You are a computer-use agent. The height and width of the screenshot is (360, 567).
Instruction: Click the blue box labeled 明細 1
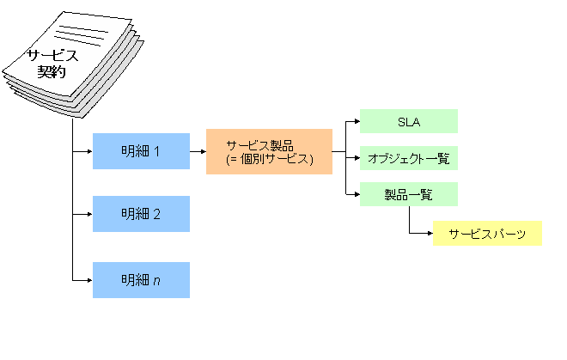tap(141, 152)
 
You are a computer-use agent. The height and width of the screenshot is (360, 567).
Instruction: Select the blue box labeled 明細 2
tap(141, 214)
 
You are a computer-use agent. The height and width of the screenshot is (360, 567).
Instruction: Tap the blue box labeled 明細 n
tap(141, 280)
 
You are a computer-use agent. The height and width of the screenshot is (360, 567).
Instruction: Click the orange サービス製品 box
tap(269, 152)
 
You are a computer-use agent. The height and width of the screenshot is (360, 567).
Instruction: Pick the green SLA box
tap(408, 121)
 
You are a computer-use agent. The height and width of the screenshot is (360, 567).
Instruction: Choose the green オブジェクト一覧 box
tap(408, 158)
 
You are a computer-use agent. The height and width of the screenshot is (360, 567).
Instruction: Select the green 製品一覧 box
tap(408, 194)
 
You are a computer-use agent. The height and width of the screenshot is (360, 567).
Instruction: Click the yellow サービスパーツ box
tap(487, 233)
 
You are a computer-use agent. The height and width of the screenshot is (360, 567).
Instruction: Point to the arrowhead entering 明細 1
tap(88, 152)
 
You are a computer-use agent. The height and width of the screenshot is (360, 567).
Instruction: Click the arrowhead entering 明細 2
tap(88, 214)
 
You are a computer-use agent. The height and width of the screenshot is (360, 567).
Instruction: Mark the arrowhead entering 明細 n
tap(88, 280)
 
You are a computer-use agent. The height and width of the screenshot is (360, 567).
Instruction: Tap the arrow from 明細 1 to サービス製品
tap(198, 152)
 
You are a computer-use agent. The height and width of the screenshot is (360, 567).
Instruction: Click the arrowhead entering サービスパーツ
tap(429, 233)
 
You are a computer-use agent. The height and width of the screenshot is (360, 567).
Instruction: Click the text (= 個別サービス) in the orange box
tap(269, 160)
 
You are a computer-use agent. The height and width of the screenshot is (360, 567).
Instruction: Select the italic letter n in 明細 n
tap(156, 280)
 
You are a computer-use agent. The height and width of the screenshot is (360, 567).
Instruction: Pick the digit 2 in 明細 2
tap(156, 214)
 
